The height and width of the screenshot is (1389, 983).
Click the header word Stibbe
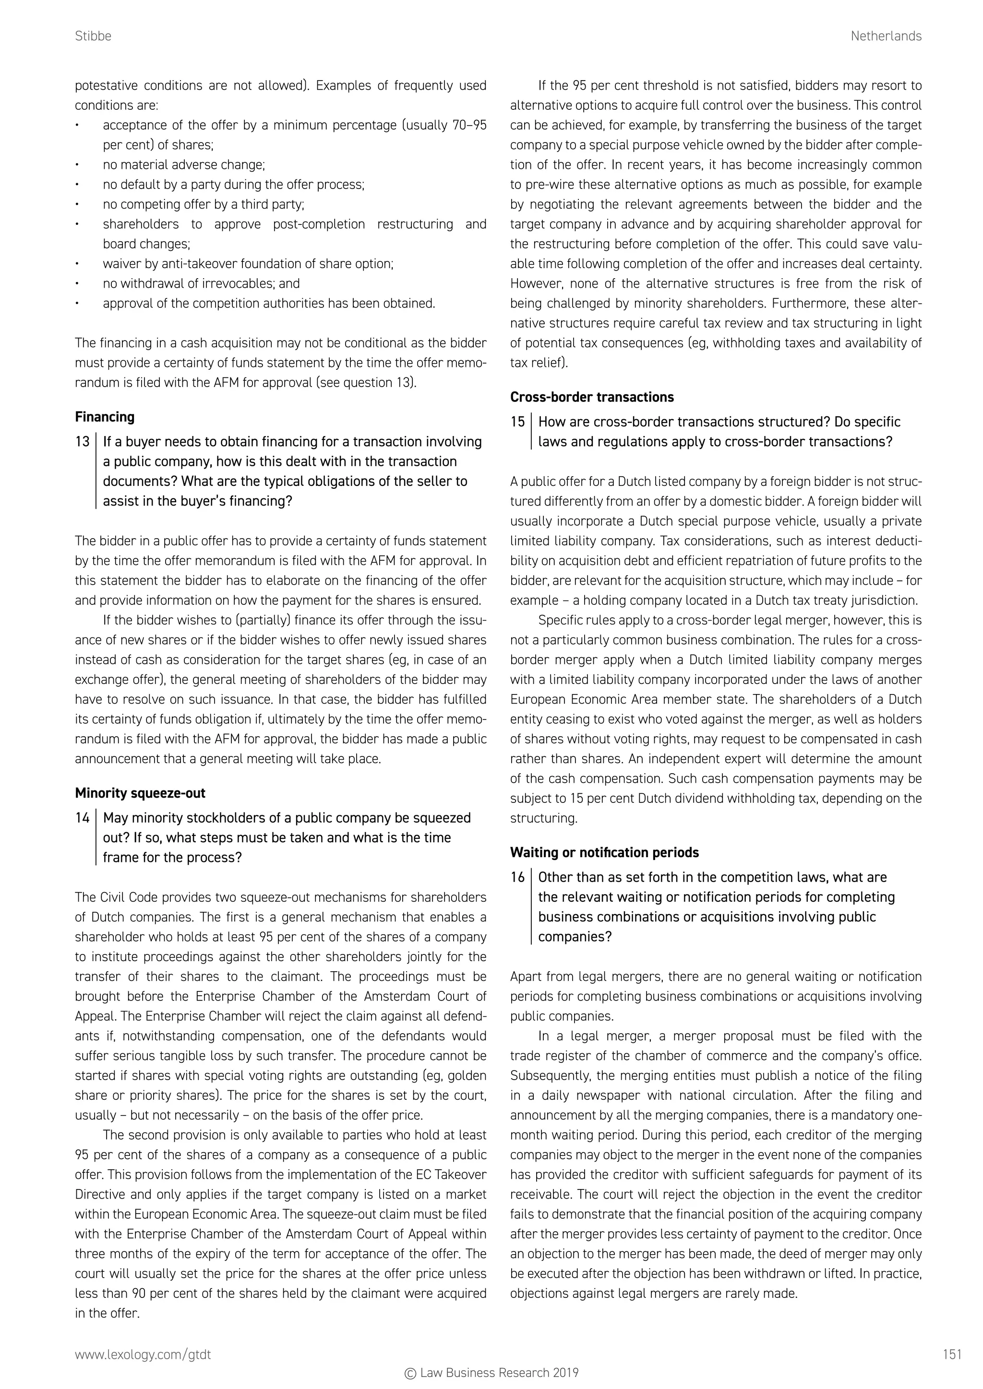(x=93, y=36)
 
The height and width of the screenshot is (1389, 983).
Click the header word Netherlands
(x=886, y=36)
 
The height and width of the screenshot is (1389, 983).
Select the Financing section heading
(x=105, y=417)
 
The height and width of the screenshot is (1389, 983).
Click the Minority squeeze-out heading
(x=140, y=793)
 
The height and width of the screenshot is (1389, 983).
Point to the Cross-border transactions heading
(x=591, y=397)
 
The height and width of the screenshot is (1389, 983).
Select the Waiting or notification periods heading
(x=604, y=852)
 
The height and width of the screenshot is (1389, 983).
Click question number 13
(x=83, y=442)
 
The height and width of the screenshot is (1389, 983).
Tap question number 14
(x=83, y=818)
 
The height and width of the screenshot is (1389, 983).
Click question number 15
(x=517, y=422)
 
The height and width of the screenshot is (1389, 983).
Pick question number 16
(x=517, y=877)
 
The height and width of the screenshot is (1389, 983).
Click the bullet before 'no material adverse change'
(x=77, y=165)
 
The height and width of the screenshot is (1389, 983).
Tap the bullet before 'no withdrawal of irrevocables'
(x=77, y=284)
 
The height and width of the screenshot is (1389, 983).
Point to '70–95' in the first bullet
(x=469, y=125)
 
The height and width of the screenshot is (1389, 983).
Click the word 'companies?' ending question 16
(x=575, y=937)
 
